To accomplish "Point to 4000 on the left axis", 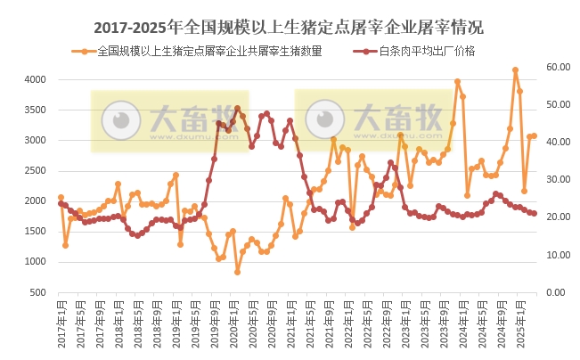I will click(x=34, y=80).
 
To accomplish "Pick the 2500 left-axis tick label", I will click(x=34, y=171).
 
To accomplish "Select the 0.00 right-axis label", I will click(x=556, y=292).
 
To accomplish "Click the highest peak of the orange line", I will click(x=515, y=70).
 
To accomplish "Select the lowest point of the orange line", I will click(x=237, y=272).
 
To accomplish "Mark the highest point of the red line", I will click(x=237, y=109).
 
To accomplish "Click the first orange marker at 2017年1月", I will click(x=61, y=197).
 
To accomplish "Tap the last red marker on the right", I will click(x=534, y=214).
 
